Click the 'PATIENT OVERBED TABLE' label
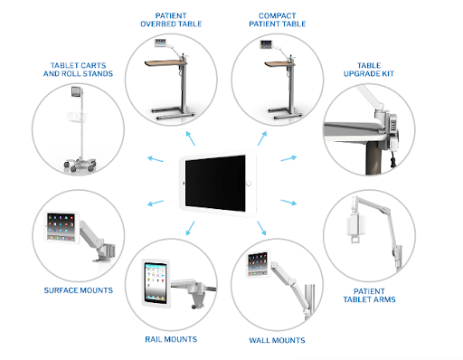tap(171, 20)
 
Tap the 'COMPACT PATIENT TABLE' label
tap(278, 20)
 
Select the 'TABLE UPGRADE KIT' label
tap(369, 70)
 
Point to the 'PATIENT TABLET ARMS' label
tap(369, 296)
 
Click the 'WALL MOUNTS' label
tap(277, 340)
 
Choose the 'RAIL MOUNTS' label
tap(171, 339)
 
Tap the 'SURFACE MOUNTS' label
tap(79, 290)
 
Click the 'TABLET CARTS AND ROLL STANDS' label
tap(78, 70)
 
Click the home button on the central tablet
tap(249, 184)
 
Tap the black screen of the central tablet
tap(215, 184)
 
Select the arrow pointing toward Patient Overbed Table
tap(191, 138)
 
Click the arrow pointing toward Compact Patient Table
tap(262, 138)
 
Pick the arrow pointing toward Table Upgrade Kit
tap(288, 158)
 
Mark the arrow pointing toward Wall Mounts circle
tap(261, 228)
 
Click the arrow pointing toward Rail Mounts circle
tap(190, 228)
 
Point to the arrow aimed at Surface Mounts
tap(156, 203)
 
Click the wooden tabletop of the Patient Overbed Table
tap(165, 62)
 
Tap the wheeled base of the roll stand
tap(80, 165)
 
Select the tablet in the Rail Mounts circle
tap(156, 283)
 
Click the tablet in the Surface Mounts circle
tap(62, 227)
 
